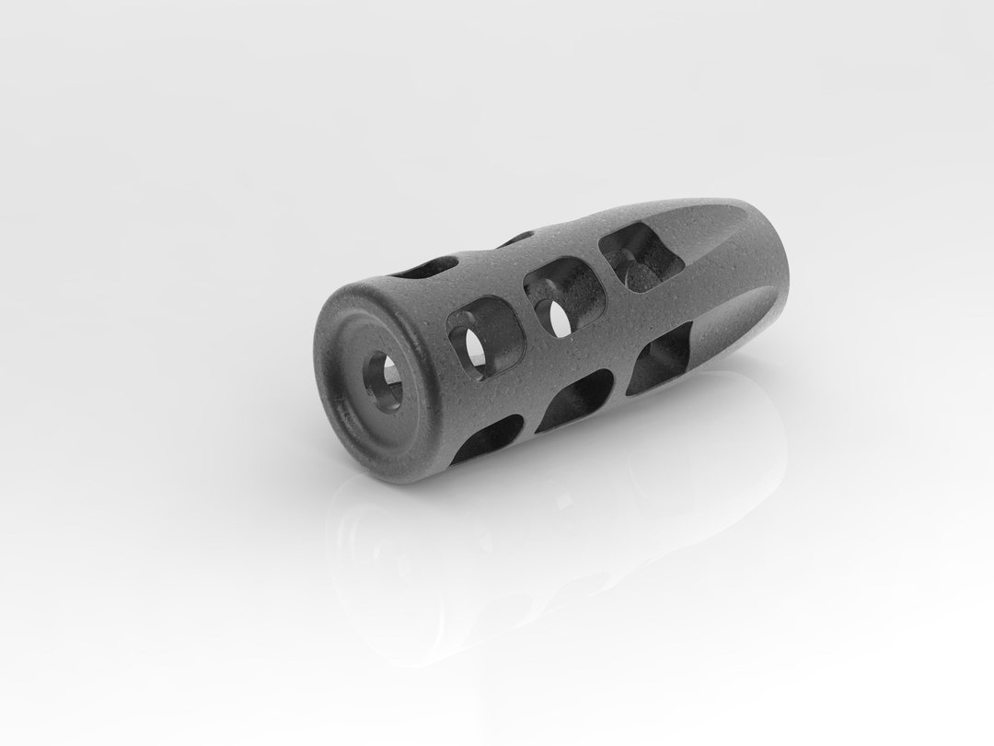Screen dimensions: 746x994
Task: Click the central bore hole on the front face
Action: [x=380, y=377]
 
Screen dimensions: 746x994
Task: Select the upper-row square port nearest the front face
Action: [x=483, y=335]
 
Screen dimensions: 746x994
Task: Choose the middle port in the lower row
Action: [x=575, y=402]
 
